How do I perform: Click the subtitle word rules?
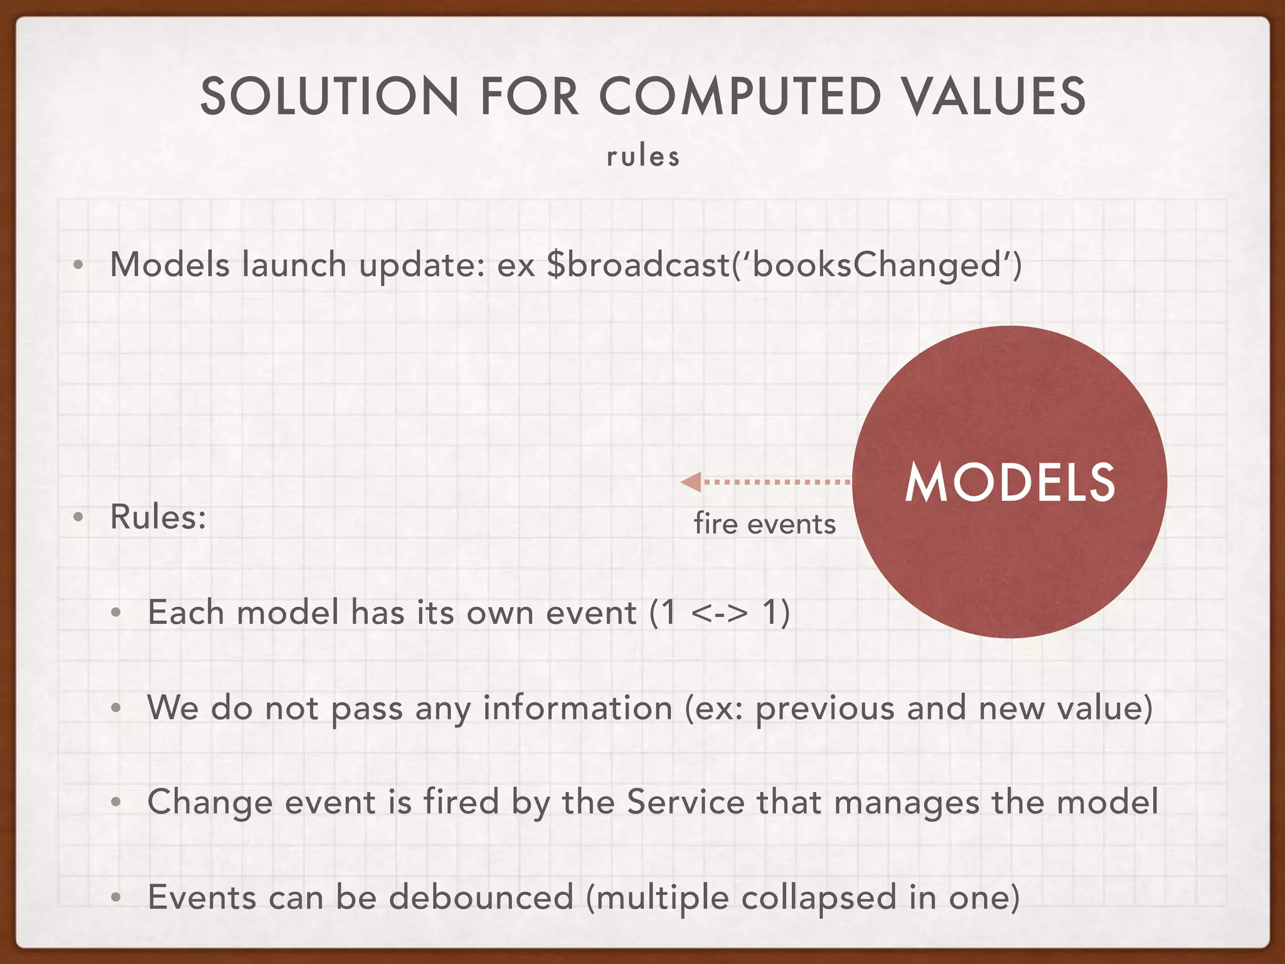(x=643, y=157)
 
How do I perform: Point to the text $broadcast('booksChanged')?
(x=784, y=264)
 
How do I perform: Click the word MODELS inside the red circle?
(x=1010, y=483)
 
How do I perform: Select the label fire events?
(x=764, y=523)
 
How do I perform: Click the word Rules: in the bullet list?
(x=158, y=517)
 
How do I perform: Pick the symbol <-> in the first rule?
(x=719, y=613)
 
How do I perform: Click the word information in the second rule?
(x=577, y=708)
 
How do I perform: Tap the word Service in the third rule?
(x=686, y=802)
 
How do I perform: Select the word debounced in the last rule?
(x=481, y=897)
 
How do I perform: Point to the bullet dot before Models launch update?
(x=78, y=265)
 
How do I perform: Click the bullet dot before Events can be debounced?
(x=115, y=898)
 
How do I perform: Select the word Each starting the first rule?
(x=186, y=613)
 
